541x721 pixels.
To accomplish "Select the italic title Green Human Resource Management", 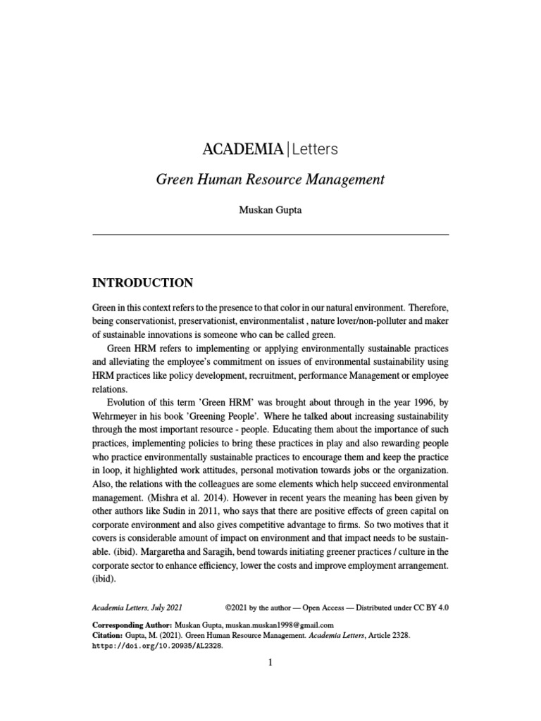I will click(x=270, y=180).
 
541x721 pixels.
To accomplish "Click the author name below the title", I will click(x=270, y=211).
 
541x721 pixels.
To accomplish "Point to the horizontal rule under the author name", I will click(x=270, y=234).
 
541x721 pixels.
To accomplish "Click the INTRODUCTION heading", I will click(x=143, y=283).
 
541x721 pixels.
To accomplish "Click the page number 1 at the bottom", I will click(x=270, y=663).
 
